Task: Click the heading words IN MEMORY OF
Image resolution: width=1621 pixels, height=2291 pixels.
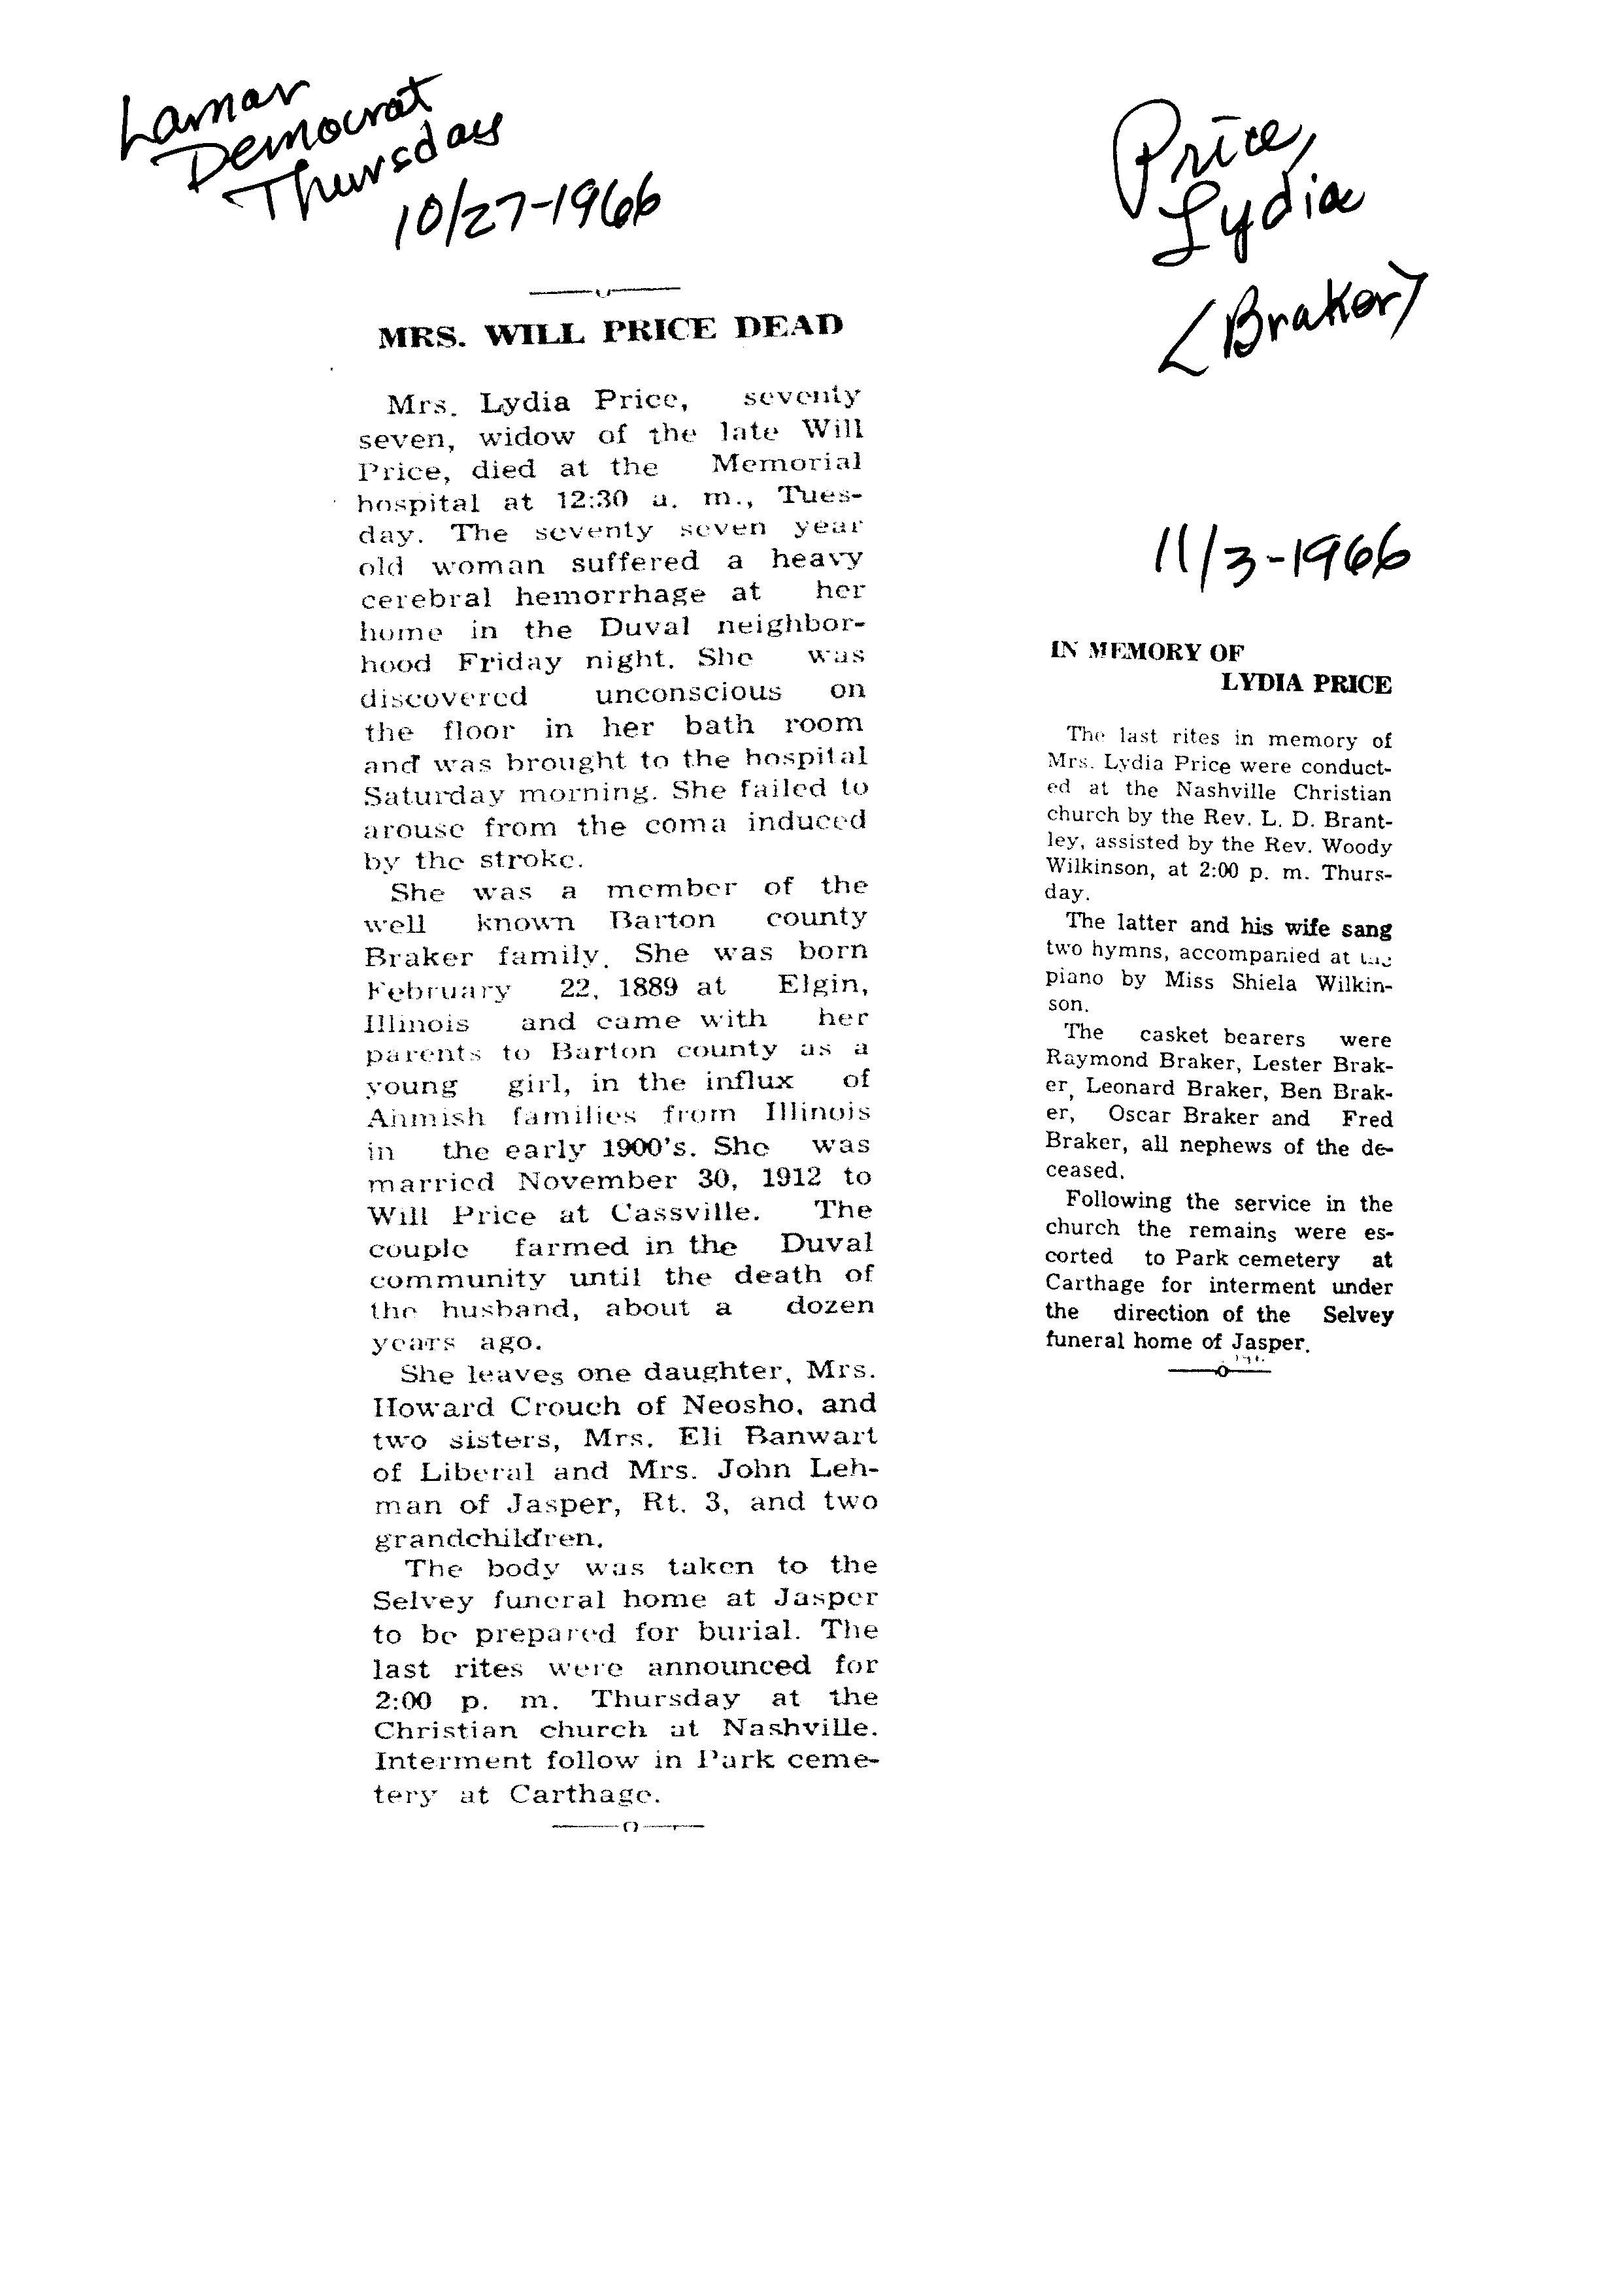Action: tap(1147, 653)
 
